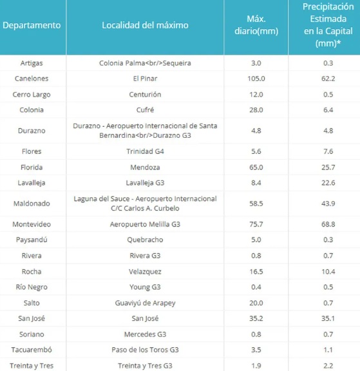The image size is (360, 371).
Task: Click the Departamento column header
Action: (32, 25)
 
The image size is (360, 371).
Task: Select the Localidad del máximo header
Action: (145, 25)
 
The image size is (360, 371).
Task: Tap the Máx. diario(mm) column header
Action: (256, 25)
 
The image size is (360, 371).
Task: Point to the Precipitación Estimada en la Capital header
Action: (328, 25)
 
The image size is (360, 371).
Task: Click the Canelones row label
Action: (32, 79)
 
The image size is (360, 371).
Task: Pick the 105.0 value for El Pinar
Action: (256, 79)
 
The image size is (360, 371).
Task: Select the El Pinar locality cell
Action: (145, 79)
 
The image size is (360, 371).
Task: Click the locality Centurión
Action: (145, 95)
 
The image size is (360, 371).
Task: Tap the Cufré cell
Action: (145, 109)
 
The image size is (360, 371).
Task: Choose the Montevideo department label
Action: (32, 224)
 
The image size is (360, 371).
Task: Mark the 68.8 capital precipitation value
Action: (328, 224)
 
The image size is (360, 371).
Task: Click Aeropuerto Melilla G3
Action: (145, 224)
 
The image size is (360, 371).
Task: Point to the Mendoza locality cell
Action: (145, 167)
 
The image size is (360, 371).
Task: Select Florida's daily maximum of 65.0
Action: (256, 167)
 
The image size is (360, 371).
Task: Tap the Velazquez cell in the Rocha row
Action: (145, 272)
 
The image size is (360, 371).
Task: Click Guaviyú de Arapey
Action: (145, 303)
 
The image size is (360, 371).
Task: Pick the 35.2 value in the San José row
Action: (256, 318)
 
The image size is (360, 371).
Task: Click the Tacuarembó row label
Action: (32, 350)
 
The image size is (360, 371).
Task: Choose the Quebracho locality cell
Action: (145, 240)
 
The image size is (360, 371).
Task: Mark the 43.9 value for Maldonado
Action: (328, 204)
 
